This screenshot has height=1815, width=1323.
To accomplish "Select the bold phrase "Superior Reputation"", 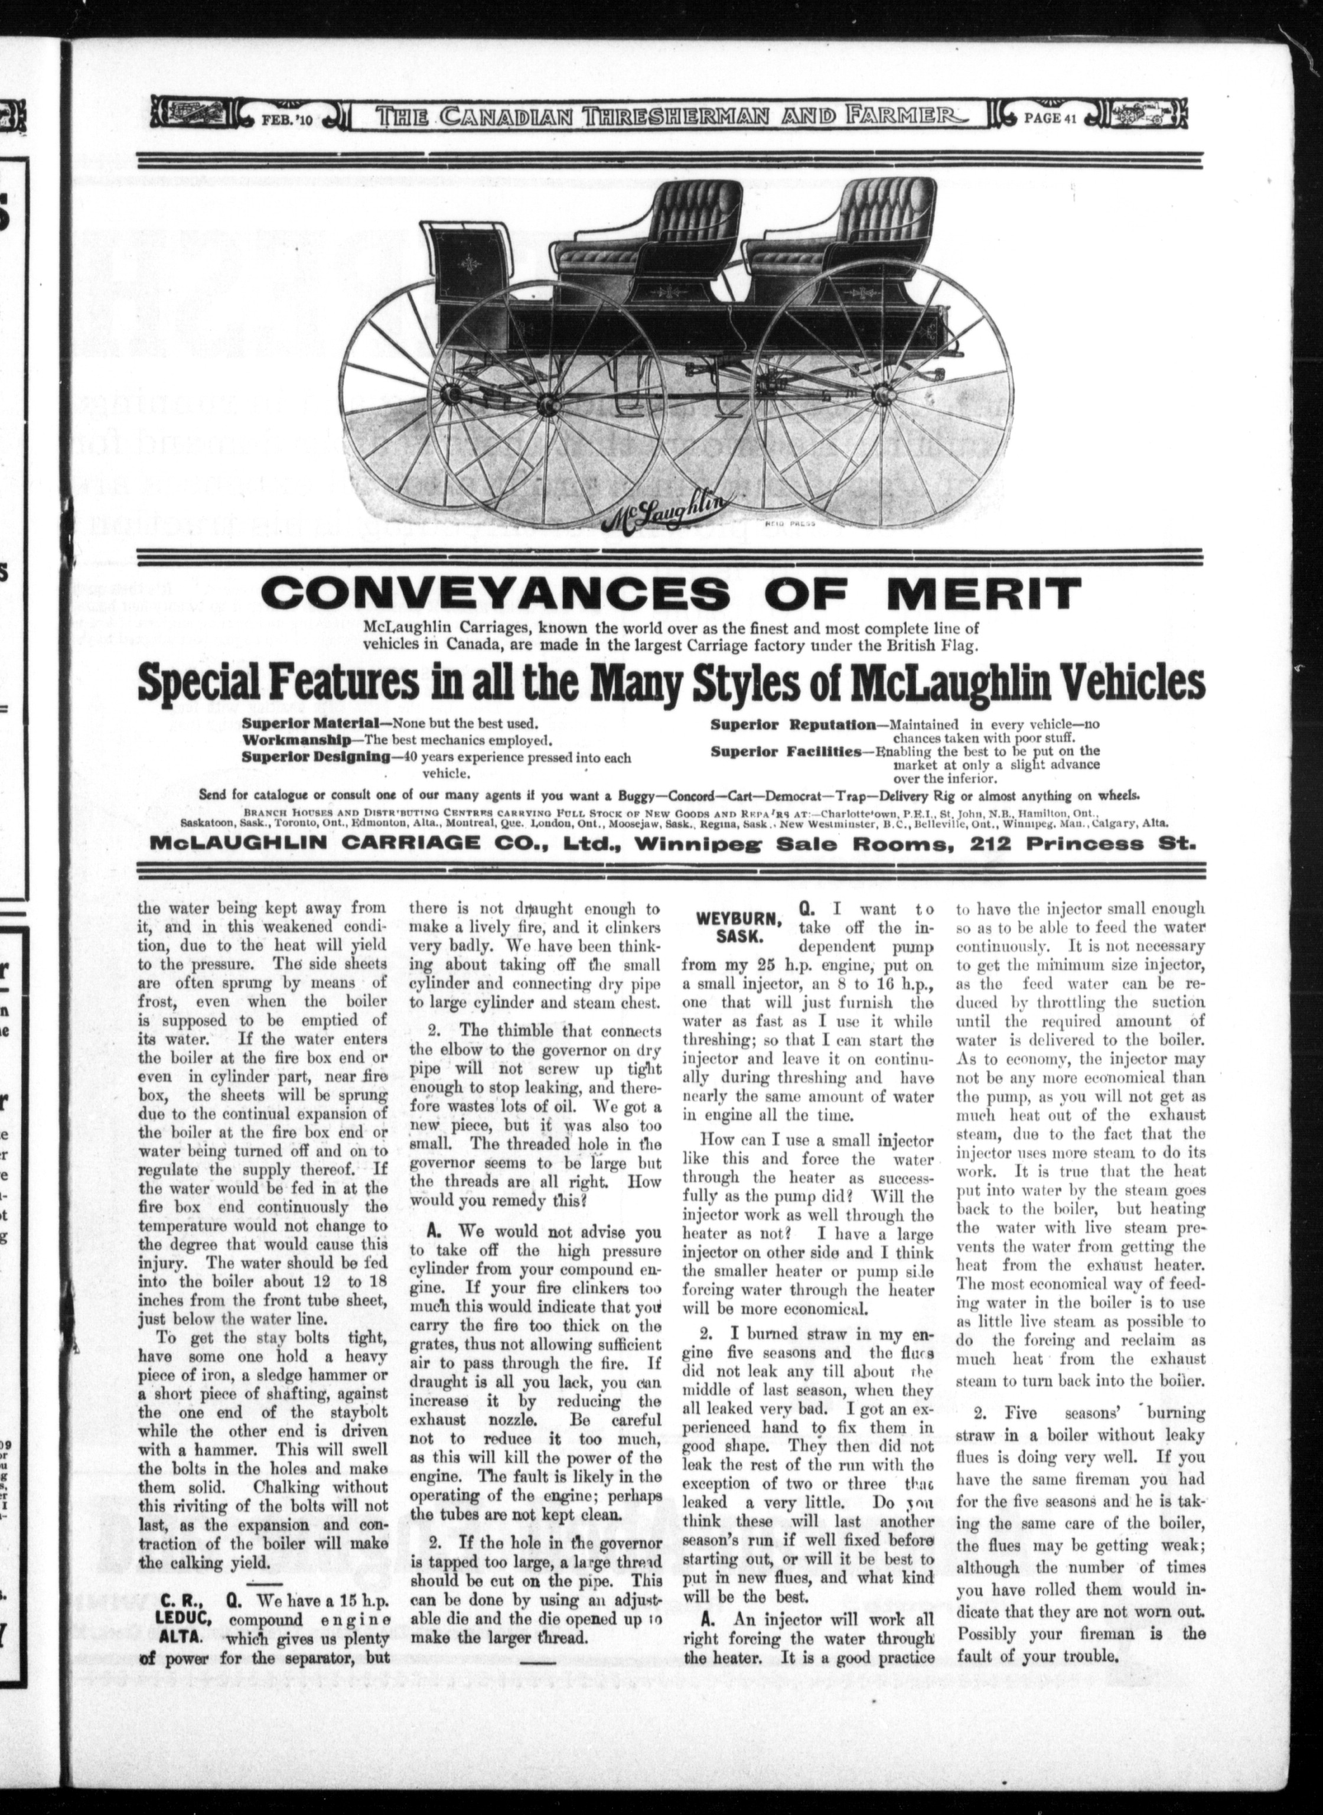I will (x=793, y=725).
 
